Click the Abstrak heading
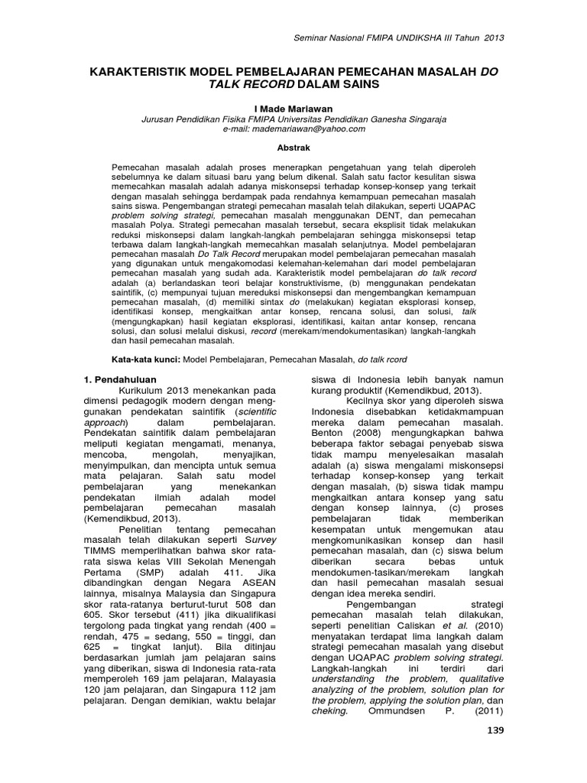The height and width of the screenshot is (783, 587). (293, 149)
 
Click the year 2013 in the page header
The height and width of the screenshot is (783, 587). (494, 37)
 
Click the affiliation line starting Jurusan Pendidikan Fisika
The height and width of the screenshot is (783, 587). (293, 119)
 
